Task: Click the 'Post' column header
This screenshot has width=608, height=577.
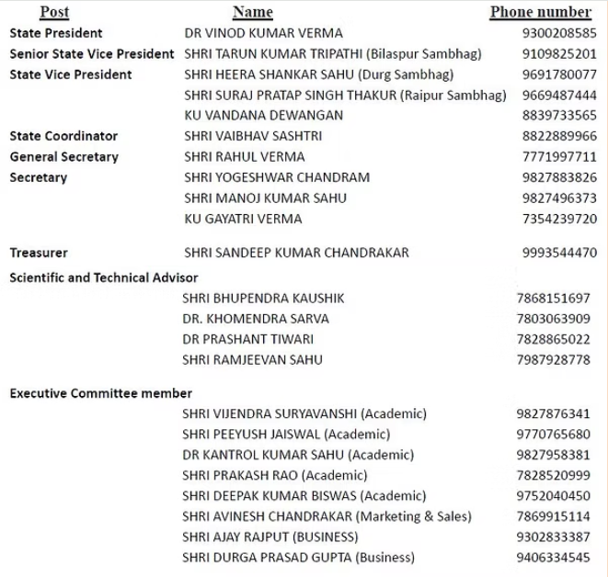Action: click(x=54, y=12)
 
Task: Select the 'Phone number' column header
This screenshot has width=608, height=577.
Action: click(x=540, y=12)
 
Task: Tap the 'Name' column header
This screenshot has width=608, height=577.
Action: click(x=253, y=12)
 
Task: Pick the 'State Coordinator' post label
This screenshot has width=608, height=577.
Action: click(x=63, y=136)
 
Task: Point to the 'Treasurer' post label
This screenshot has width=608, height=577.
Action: click(x=39, y=253)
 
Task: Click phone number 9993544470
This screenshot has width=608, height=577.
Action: click(x=559, y=253)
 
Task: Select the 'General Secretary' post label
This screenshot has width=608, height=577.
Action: click(x=63, y=157)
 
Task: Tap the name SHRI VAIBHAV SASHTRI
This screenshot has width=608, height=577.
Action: click(x=240, y=136)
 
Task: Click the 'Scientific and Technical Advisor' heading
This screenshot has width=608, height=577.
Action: click(x=104, y=277)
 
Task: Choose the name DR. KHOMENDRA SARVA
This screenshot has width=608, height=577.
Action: click(x=256, y=319)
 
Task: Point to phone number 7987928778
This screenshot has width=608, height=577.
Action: click(x=554, y=360)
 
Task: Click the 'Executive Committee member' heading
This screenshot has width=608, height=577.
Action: click(x=101, y=393)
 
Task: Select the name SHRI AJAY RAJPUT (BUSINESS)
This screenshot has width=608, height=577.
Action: click(x=270, y=537)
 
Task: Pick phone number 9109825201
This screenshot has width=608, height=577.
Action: click(x=559, y=53)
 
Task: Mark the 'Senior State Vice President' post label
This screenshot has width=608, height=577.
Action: click(x=92, y=53)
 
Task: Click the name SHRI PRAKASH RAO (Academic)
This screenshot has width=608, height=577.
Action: click(x=275, y=475)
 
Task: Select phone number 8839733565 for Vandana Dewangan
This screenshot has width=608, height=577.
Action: click(x=559, y=116)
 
